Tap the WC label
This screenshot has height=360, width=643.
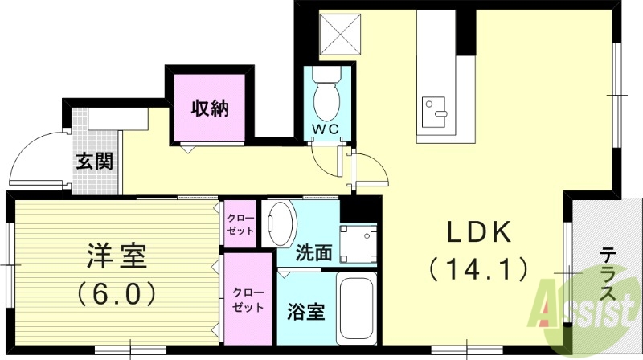[x=326, y=129]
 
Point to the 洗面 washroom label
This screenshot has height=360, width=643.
[x=314, y=252]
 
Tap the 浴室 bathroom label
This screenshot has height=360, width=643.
[x=306, y=312]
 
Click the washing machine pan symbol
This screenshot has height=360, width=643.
[x=358, y=239]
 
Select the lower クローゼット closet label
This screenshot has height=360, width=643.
[x=246, y=300]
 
